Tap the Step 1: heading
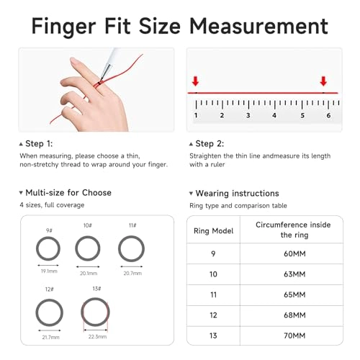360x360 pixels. tap(42, 144)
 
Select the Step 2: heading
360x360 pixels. tap(214, 144)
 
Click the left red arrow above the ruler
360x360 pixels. tap(196, 81)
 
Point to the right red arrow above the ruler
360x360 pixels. tap(323, 81)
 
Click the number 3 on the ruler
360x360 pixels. tap(248, 115)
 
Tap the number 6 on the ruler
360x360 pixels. tap(328, 115)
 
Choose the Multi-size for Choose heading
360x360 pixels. tap(68, 192)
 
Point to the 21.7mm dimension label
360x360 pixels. tap(51, 337)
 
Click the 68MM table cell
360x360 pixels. tap(294, 315)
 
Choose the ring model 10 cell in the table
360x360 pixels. tap(212, 274)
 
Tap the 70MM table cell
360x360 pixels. tap(294, 335)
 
